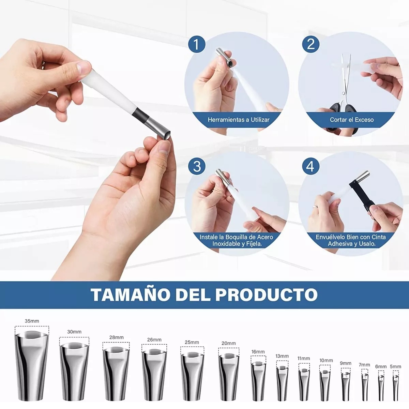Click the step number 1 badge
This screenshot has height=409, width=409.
(x=197, y=44)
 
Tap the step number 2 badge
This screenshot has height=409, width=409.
(x=310, y=44)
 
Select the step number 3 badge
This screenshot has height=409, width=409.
(x=197, y=166)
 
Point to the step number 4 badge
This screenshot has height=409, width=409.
(x=310, y=166)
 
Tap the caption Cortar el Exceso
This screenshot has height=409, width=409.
(x=352, y=120)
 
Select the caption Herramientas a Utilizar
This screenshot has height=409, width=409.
(x=239, y=120)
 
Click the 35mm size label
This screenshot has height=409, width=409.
(x=32, y=321)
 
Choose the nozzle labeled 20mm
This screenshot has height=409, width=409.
(x=229, y=376)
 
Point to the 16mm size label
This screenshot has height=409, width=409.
(x=258, y=352)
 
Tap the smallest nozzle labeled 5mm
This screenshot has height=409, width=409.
(x=395, y=388)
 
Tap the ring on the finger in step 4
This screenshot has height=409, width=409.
(x=316, y=206)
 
